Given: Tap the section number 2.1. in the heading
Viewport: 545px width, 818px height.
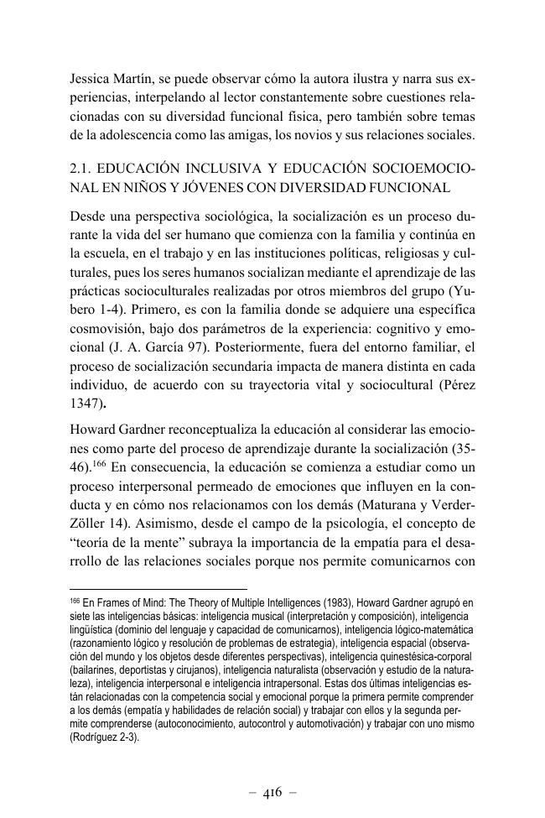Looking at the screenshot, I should (85, 171).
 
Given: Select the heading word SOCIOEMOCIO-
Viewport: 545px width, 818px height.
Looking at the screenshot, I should (426, 171).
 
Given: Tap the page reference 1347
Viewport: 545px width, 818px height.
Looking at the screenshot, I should (86, 401).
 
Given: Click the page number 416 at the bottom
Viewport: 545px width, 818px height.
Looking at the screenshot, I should (272, 790).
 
